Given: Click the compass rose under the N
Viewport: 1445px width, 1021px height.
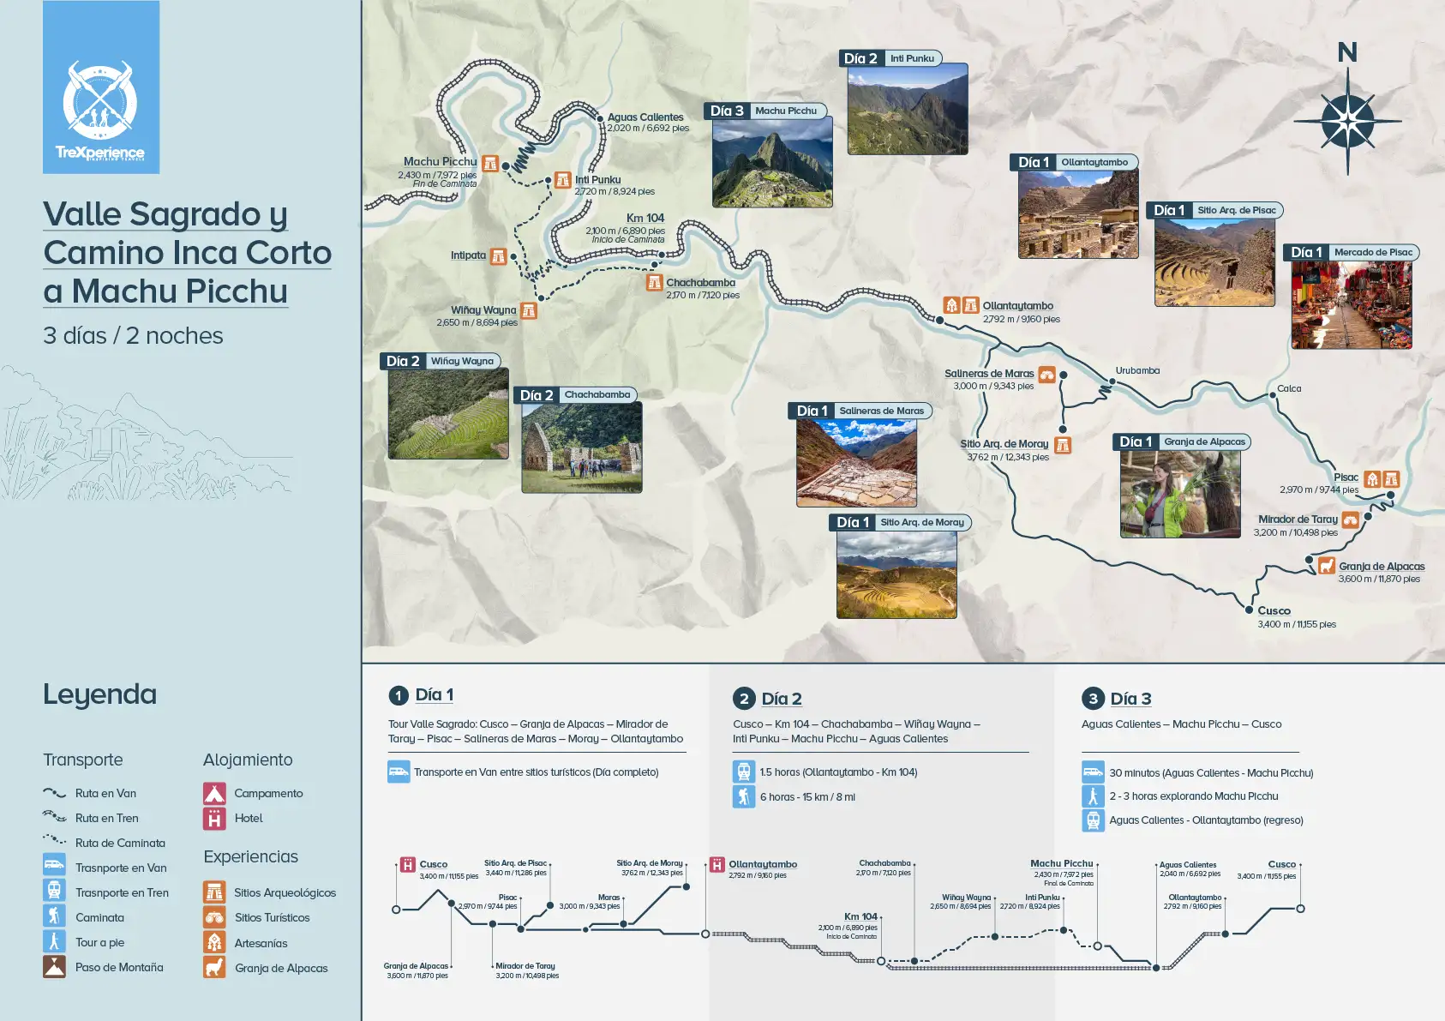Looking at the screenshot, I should [x=1347, y=120].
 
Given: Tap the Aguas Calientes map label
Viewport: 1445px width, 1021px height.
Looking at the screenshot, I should [x=645, y=117].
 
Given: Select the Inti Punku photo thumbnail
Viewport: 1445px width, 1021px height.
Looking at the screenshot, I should [x=908, y=109].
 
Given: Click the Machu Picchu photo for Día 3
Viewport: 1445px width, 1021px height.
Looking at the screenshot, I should [x=772, y=162].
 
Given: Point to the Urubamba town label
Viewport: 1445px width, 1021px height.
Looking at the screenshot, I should [x=1137, y=371].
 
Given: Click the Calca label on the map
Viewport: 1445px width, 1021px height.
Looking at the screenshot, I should [x=1289, y=389].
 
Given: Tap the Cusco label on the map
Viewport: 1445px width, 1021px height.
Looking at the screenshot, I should [x=1274, y=611].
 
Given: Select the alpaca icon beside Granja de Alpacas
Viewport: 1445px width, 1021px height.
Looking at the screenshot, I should [x=1326, y=566].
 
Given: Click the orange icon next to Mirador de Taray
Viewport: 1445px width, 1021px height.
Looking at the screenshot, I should [x=1351, y=520].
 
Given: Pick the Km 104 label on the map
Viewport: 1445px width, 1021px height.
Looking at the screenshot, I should [x=645, y=219].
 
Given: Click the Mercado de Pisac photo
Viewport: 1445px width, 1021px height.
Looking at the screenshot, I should [x=1352, y=304].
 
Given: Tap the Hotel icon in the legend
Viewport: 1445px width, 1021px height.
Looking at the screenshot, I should [x=214, y=819].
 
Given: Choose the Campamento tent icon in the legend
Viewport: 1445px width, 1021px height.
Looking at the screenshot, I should [x=214, y=793].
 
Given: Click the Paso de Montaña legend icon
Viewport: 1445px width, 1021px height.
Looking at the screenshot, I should [x=54, y=967].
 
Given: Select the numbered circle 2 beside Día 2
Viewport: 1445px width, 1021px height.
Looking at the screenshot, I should [x=743, y=699].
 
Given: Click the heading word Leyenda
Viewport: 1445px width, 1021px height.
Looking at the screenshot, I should [x=99, y=694].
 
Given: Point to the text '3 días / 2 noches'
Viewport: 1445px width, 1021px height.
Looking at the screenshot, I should [x=133, y=336].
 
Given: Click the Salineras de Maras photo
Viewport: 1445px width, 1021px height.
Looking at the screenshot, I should [x=856, y=463].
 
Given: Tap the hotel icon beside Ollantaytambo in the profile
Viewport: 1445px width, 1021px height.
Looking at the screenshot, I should [x=717, y=864].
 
